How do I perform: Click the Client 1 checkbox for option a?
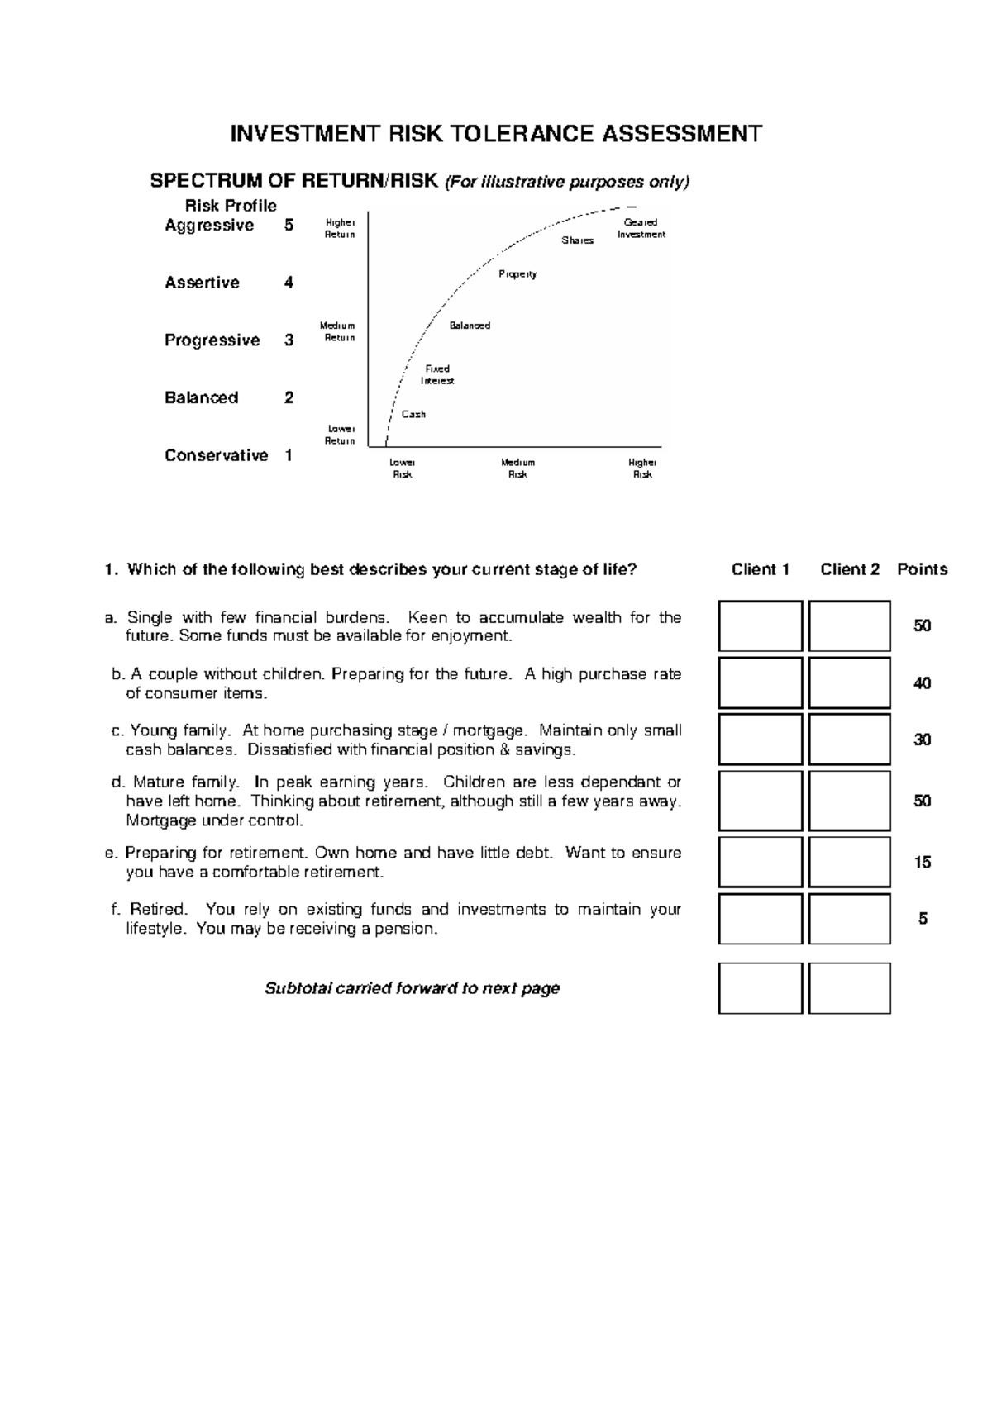[x=760, y=626]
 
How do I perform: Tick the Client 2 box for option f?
[x=849, y=918]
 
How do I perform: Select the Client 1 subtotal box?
[x=760, y=987]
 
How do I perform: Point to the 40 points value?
[x=922, y=683]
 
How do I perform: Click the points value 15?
[x=922, y=862]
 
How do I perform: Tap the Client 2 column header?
[x=849, y=569]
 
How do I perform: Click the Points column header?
[x=922, y=569]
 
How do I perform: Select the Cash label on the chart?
[x=413, y=414]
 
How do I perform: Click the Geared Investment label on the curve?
[x=641, y=228]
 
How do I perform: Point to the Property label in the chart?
[x=517, y=273]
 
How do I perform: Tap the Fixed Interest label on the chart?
[x=436, y=374]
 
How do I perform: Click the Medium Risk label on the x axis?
[x=517, y=468]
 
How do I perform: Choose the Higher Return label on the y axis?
[x=339, y=228]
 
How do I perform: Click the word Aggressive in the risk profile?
[x=209, y=226]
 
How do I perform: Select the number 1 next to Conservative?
[x=289, y=455]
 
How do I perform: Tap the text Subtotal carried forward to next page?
[x=412, y=988]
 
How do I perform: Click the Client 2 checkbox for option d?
[x=849, y=801]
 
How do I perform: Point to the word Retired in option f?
[x=158, y=910]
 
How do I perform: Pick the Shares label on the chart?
[x=577, y=240]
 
